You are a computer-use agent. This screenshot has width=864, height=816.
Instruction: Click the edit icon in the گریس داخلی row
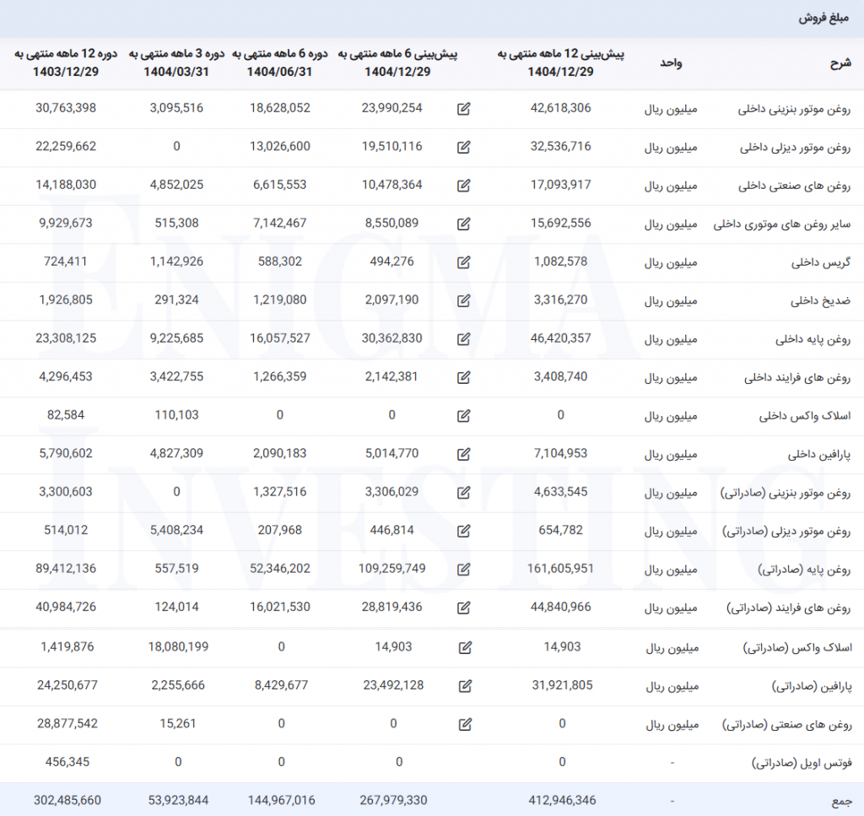463,262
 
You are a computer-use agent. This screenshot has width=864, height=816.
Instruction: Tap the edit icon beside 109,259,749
463,570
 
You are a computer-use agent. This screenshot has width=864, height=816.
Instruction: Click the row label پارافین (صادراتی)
812,686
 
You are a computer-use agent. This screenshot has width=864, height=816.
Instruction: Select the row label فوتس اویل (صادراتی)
802,763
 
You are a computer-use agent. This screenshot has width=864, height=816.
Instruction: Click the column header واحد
670,62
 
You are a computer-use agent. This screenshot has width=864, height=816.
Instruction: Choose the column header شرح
841,62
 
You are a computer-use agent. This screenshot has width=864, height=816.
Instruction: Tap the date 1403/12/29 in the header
66,72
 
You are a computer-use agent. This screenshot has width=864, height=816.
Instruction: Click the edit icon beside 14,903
463,647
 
